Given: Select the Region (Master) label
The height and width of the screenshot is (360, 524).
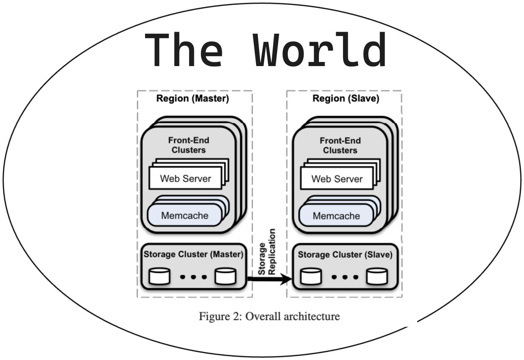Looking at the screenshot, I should pos(193,98).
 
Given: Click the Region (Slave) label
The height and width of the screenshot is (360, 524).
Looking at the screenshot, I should pos(346,98).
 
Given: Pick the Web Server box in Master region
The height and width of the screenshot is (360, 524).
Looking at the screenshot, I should pos(185,179).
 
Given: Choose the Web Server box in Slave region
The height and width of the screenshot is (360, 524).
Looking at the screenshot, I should pos(337,179).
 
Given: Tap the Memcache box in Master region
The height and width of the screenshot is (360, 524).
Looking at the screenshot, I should pos(184,215).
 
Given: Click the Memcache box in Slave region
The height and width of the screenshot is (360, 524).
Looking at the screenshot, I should pos(336,216).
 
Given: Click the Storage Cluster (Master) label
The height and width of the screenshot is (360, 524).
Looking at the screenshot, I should pos(193,254).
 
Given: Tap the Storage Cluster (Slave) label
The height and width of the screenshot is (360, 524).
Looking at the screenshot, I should pos(345,255).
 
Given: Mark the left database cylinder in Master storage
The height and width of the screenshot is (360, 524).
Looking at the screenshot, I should pos(160,276).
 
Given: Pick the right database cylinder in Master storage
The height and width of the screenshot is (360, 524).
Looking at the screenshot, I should pos(225,276).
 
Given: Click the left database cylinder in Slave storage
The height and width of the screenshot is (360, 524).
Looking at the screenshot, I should pos(311,276).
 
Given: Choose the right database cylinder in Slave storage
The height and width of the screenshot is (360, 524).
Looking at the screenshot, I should pos(377,276).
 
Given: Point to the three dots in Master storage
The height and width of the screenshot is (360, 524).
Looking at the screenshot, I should pos(193,277).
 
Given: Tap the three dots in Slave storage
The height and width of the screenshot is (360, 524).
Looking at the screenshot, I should pos(345,277).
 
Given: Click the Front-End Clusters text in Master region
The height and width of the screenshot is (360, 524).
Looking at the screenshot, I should pos(189,145).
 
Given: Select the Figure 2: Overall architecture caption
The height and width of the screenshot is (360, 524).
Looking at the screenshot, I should pos(269,316).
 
